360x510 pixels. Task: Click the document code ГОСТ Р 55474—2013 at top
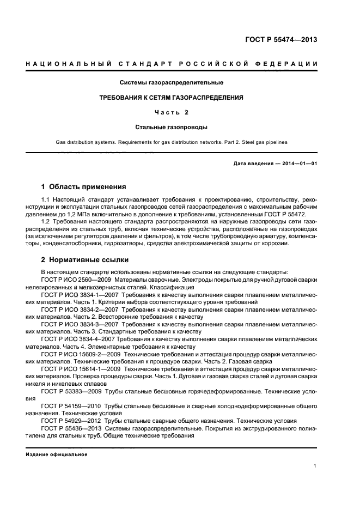282,40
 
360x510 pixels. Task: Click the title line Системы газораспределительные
172,83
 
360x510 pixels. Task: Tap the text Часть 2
171,113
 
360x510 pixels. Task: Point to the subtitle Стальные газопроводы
171,127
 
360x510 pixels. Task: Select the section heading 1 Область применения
83,186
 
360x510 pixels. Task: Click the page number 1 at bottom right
315,466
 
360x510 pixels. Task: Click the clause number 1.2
46,223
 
